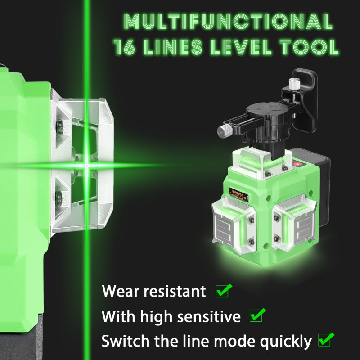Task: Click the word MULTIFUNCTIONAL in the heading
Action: pos(228,21)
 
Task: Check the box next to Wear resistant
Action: pos(223,291)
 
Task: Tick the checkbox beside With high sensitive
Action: pos(256,315)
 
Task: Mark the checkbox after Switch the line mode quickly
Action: pos(325,340)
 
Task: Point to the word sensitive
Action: pos(209,316)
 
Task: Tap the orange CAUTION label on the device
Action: pos(239,193)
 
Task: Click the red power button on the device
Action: pos(298,164)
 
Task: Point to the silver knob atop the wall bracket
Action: pos(293,83)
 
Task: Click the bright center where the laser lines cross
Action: pos(86,165)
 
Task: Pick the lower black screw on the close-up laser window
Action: pos(59,197)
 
